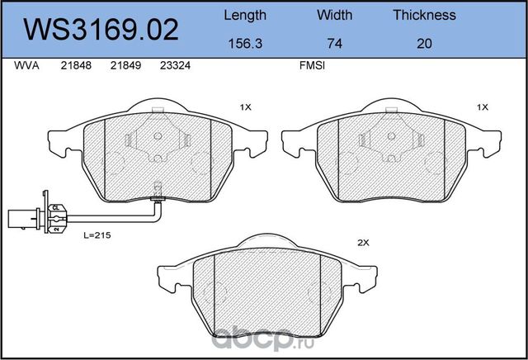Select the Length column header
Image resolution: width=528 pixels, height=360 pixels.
245,15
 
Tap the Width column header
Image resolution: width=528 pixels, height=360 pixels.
334,15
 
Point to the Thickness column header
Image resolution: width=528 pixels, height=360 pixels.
424,15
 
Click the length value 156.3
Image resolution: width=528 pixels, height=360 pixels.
245,43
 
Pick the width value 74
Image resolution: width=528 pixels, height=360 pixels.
334,43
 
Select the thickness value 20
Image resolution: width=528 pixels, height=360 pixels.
424,43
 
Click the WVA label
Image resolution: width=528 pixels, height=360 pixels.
26,69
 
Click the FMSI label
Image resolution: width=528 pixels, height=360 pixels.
312,69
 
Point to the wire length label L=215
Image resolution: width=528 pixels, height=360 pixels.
97,235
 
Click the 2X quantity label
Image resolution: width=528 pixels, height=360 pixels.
361,242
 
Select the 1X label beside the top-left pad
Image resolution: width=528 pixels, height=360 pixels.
245,107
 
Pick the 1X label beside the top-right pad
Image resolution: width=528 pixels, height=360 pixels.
483,107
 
